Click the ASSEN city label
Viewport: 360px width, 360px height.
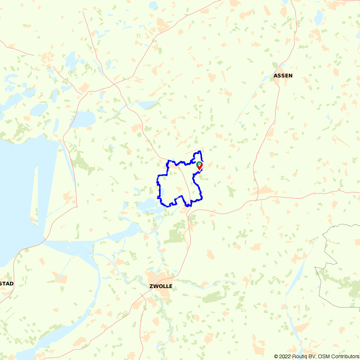pyautogui.click(x=283, y=76)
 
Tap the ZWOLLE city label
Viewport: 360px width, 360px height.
pyautogui.click(x=161, y=287)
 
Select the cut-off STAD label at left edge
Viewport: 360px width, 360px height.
pyautogui.click(x=6, y=284)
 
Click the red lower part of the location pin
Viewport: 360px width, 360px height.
pyautogui.click(x=199, y=167)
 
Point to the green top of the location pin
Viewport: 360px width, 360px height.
pyautogui.click(x=199, y=164)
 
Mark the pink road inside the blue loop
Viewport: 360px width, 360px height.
pyautogui.click(x=186, y=180)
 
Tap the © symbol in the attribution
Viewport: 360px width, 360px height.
pyautogui.click(x=276, y=356)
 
